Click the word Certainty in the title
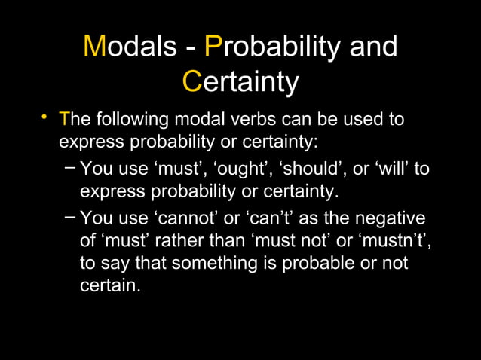(x=240, y=82)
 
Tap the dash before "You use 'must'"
(x=69, y=166)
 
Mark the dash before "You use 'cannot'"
(x=69, y=218)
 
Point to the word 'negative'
(x=388, y=218)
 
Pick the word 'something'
(x=216, y=264)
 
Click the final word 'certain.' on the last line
(x=110, y=286)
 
